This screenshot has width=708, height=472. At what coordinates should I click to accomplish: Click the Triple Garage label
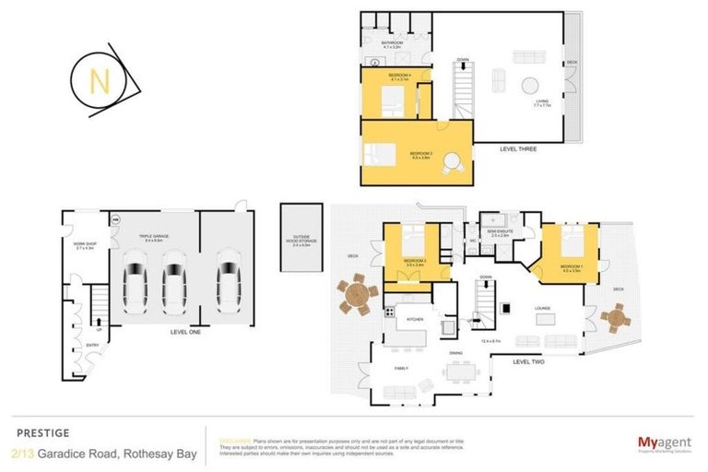pos(153,237)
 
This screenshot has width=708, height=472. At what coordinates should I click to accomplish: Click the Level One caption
pos(187,332)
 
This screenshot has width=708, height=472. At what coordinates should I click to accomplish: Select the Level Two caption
pos(531,361)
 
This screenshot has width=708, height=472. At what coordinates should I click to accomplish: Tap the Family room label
pos(403,368)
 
